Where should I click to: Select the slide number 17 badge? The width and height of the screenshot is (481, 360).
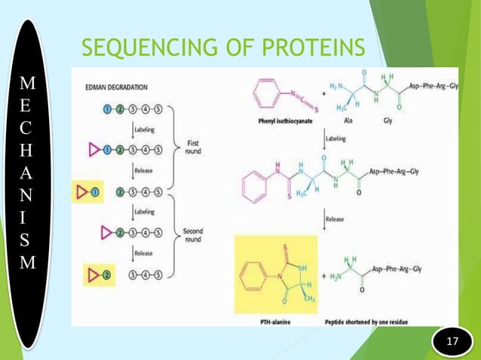(453, 343)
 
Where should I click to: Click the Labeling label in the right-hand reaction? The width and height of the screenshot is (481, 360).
(337, 139)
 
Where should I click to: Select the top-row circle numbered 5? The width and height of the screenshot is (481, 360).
(157, 110)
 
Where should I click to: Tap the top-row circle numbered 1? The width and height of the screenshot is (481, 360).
(108, 110)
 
